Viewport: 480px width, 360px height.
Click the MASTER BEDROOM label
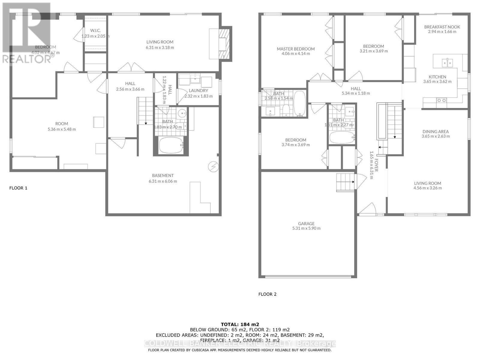coord(295,49)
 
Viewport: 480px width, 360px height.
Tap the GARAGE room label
coord(306,223)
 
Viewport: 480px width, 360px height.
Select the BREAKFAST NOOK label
coord(442,27)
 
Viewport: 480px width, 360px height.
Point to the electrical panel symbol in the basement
coord(213,167)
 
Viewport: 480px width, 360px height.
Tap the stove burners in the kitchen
coord(442,100)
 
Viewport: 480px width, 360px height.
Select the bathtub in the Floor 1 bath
coord(171,145)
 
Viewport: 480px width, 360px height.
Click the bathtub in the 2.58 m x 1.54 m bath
coord(299,103)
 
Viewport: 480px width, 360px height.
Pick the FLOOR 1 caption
coord(18,188)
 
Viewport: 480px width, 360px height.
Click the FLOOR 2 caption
coord(267,294)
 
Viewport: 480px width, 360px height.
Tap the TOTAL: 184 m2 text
coord(240,324)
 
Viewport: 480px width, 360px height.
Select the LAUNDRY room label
coord(198,91)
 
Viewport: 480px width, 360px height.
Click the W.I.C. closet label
coord(95,31)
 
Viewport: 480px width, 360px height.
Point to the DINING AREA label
coord(436,131)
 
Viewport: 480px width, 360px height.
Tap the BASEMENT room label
coord(163,175)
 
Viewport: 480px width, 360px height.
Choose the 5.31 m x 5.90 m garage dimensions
coord(306,228)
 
